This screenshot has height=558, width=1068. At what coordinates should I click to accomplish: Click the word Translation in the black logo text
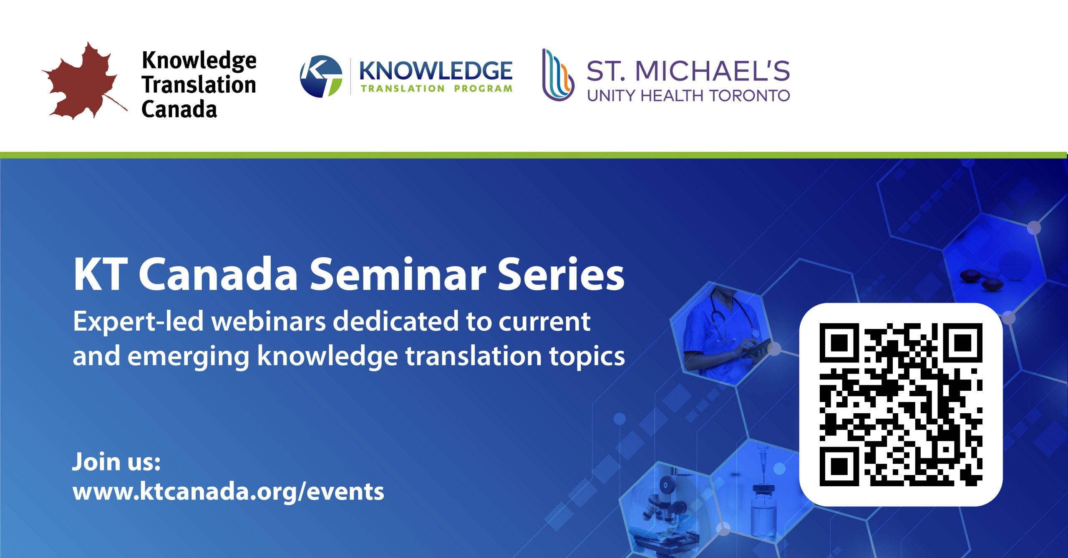pos(199,85)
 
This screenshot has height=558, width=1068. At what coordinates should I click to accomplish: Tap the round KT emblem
pos(321,76)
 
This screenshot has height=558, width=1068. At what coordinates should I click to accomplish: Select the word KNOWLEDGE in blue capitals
pos(436,70)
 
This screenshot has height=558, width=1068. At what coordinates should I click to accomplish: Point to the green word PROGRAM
pos(483,88)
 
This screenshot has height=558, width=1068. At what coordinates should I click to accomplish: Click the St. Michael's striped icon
pos(558,75)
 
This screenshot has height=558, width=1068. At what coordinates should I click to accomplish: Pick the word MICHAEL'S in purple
pos(712,70)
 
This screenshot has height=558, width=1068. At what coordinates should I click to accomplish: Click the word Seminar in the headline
pos(398,274)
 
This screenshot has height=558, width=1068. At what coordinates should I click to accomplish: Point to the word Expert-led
pos(138,322)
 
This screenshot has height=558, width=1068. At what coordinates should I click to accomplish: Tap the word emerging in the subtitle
pos(188,357)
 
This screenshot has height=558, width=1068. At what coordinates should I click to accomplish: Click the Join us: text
pos(116,462)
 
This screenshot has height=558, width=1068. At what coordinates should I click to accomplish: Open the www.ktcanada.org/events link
pos(228,491)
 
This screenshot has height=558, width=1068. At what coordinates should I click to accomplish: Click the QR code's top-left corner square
pos(839,343)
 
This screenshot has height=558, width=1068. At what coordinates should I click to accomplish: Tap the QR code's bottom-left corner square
pos(839,466)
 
